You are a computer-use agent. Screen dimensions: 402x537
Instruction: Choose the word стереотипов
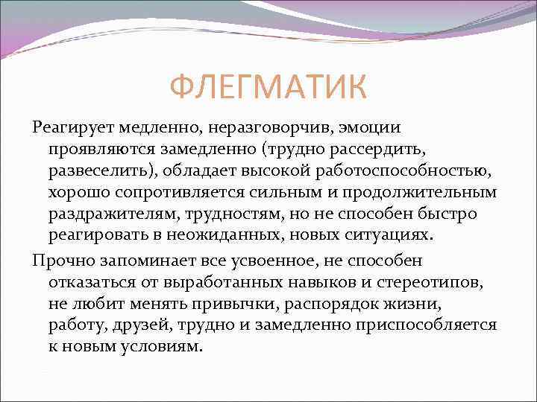click(451, 283)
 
